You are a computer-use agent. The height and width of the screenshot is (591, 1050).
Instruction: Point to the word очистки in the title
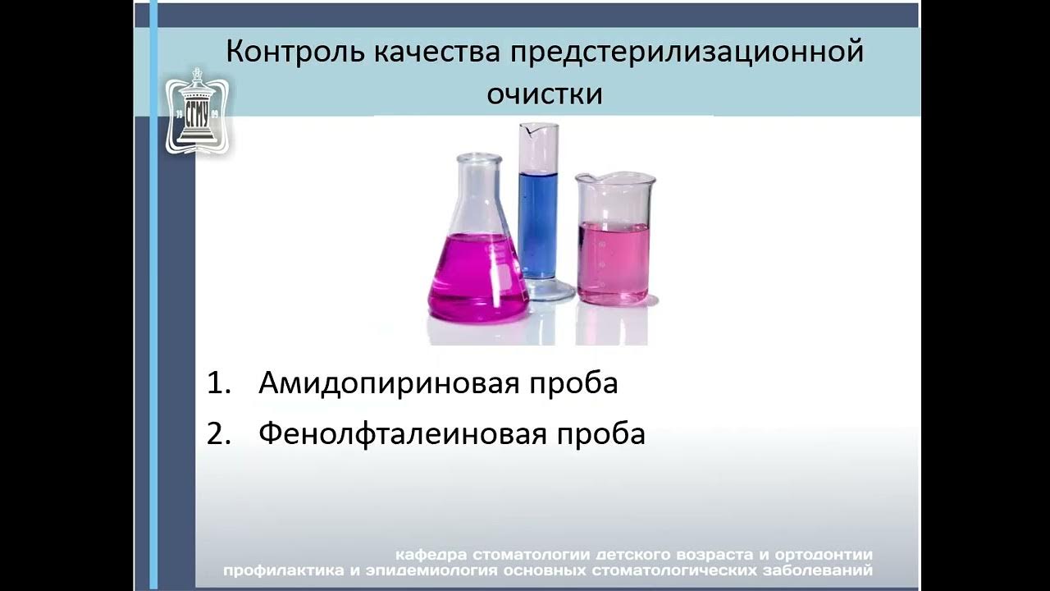(x=545, y=94)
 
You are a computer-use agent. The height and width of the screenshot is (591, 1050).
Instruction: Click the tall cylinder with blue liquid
(x=539, y=205)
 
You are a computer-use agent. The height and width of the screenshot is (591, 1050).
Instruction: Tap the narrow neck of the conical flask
(x=479, y=185)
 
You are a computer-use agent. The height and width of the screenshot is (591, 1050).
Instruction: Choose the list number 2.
(x=216, y=434)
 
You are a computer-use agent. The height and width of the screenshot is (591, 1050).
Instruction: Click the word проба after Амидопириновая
(x=577, y=383)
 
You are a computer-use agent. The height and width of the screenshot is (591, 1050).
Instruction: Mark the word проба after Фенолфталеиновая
(x=605, y=434)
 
